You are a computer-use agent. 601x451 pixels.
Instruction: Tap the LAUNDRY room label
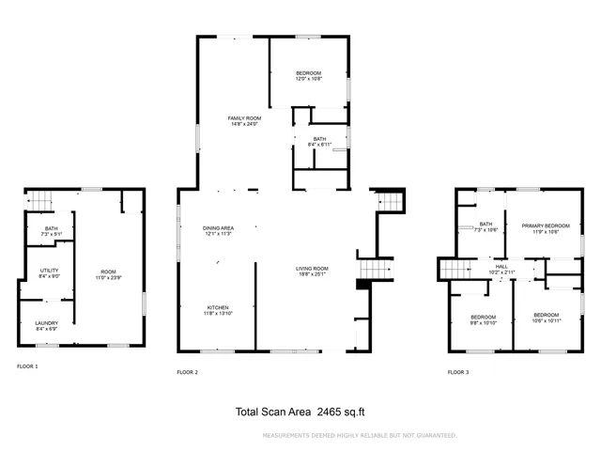tap(46, 326)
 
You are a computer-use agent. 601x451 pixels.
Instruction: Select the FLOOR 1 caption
tap(27, 365)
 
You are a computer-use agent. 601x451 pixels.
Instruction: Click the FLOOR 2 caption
tap(188, 373)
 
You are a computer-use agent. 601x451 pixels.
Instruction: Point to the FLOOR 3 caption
tap(457, 373)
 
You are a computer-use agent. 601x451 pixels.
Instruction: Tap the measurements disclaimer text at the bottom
tap(360, 435)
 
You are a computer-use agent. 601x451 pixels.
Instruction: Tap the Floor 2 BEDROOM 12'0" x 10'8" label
tap(308, 76)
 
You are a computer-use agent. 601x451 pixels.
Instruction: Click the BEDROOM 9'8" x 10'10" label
tap(484, 319)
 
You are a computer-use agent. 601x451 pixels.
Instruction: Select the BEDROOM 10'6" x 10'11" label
tap(546, 318)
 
